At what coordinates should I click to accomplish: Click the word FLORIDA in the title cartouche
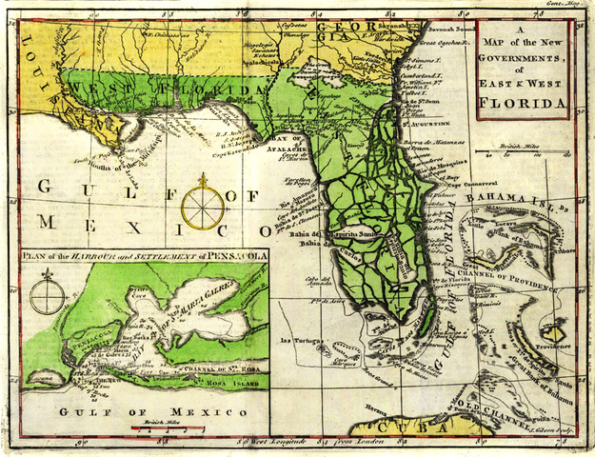click(x=523, y=102)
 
